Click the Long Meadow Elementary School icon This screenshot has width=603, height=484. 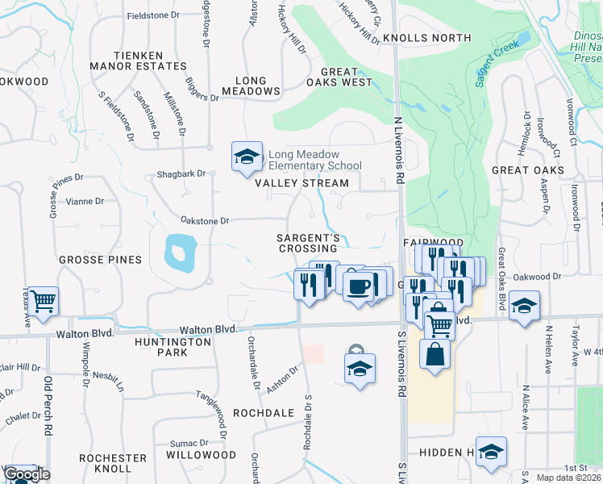247,157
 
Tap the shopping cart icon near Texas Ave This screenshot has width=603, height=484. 44,301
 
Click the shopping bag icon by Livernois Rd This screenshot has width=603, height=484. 435,356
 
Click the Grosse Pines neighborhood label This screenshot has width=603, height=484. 100,260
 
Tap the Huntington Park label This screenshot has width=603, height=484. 173,347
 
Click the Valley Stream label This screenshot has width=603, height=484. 301,183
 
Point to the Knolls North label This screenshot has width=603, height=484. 426,38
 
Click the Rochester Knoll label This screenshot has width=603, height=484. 113,463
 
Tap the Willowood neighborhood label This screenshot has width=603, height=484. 195,455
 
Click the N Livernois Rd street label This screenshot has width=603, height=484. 398,151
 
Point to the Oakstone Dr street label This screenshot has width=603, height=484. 206,220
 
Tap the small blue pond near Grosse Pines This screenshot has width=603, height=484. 179,252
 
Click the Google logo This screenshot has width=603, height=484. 26,475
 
